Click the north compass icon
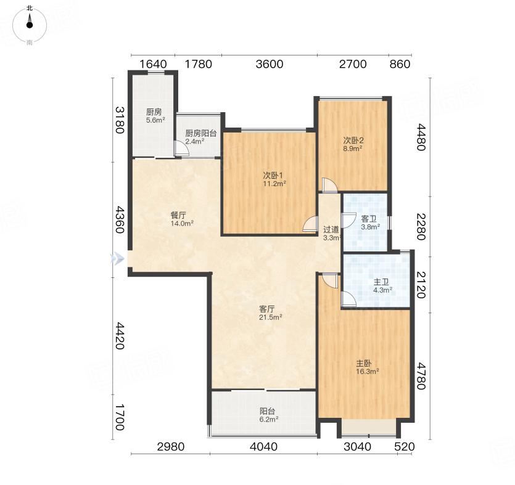point(30,25)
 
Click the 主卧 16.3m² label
point(368,367)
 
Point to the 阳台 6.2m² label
point(268,415)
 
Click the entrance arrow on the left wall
point(118,259)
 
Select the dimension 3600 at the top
point(270,63)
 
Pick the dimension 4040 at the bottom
point(263,446)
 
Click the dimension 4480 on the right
point(421,137)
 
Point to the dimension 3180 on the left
point(120,120)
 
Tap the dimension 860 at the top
point(400,63)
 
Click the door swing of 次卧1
point(310,224)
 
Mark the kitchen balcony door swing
point(181,148)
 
